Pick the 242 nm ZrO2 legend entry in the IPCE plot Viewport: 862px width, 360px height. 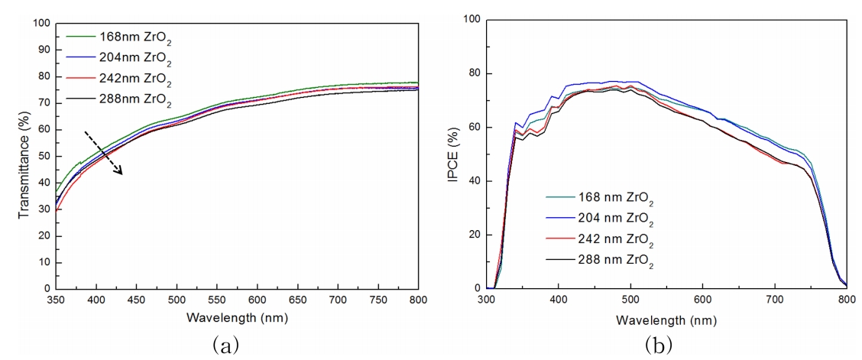coord(604,242)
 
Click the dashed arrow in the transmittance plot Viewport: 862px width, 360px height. coord(102,152)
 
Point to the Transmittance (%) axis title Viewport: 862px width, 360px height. coord(24,157)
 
